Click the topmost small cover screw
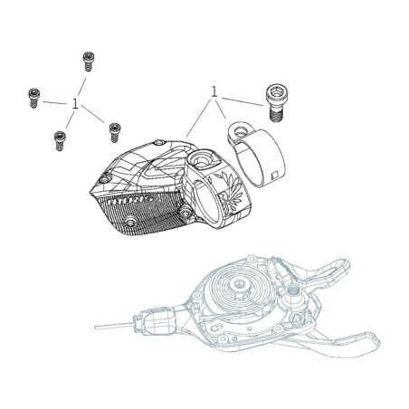pyautogui.click(x=88, y=62)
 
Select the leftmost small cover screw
pyautogui.click(x=33, y=98)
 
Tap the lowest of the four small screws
pyautogui.click(x=60, y=141)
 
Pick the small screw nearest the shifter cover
pyautogui.click(x=115, y=132)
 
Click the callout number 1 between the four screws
pyautogui.click(x=75, y=104)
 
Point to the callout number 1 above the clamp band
pyautogui.click(x=214, y=91)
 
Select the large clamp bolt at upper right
pyautogui.click(x=276, y=103)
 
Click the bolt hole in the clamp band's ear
pyautogui.click(x=240, y=131)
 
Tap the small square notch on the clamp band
pyautogui.click(x=274, y=176)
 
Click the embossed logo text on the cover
pyautogui.click(x=132, y=201)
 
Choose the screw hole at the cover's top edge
pyautogui.click(x=159, y=142)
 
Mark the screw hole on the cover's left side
pyautogui.click(x=104, y=179)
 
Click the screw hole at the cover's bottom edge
pyautogui.click(x=130, y=222)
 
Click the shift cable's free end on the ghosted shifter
pyautogui.click(x=96, y=328)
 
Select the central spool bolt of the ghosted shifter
pyautogui.click(x=240, y=284)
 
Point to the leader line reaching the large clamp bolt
pyautogui.click(x=243, y=101)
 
